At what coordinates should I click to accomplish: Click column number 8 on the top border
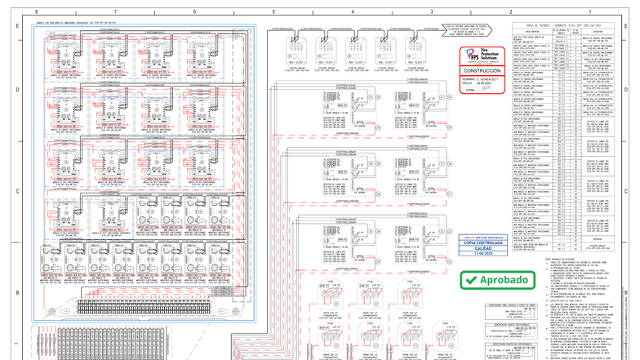(x=36, y=12)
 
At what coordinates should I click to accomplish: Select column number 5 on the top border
(x=273, y=12)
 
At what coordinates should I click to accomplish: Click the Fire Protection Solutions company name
(x=491, y=55)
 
